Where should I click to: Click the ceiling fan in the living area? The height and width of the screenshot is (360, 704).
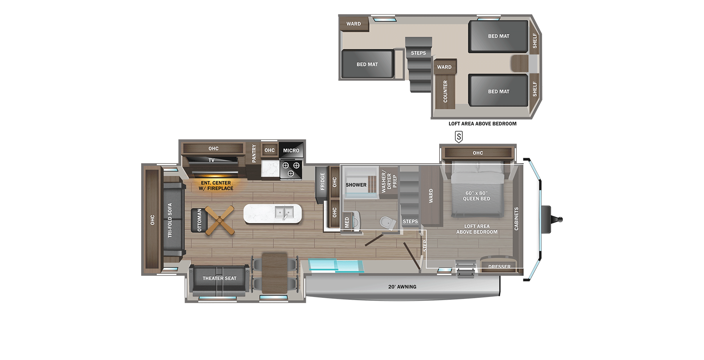click(219, 221)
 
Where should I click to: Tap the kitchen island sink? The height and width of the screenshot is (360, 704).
click(284, 213)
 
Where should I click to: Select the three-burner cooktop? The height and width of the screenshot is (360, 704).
click(291, 169)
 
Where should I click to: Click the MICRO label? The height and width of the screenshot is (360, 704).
click(291, 150)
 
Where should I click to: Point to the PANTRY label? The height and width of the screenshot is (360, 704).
click(254, 153)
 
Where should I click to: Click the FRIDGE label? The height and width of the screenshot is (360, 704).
click(322, 182)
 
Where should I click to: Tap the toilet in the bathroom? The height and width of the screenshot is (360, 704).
click(388, 223)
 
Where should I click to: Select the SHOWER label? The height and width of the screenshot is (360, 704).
click(356, 185)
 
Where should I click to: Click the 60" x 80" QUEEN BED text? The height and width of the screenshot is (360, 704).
click(476, 196)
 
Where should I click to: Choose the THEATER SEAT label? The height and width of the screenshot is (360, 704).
click(219, 278)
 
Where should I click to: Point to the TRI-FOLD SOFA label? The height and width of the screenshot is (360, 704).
click(170, 220)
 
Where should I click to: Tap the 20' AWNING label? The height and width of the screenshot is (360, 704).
click(402, 287)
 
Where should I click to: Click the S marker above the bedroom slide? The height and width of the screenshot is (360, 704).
click(459, 137)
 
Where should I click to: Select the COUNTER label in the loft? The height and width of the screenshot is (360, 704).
click(445, 92)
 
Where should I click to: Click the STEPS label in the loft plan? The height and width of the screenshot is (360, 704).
click(418, 53)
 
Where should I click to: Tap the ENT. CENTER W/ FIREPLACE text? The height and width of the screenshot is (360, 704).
click(216, 185)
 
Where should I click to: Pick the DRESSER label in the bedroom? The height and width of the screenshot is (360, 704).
click(499, 266)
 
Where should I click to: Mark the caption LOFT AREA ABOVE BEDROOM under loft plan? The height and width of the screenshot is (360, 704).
click(482, 124)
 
